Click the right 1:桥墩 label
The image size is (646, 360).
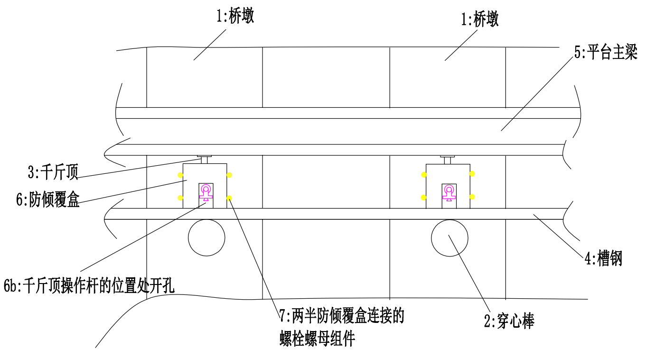point(480,20)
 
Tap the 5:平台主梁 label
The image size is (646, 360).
point(605,52)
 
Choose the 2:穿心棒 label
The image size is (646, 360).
point(509,322)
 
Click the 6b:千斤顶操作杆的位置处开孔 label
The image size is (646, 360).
point(90,286)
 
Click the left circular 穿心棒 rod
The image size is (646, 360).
point(206,237)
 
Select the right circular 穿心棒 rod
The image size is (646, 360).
point(449,237)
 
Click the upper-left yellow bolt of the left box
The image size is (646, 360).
point(180,175)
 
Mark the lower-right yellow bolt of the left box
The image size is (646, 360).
point(229,198)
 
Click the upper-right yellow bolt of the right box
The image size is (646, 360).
point(472,173)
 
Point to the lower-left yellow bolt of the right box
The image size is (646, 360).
point(424,197)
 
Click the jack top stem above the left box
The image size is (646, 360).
point(205,160)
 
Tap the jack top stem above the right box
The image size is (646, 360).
point(448,160)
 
